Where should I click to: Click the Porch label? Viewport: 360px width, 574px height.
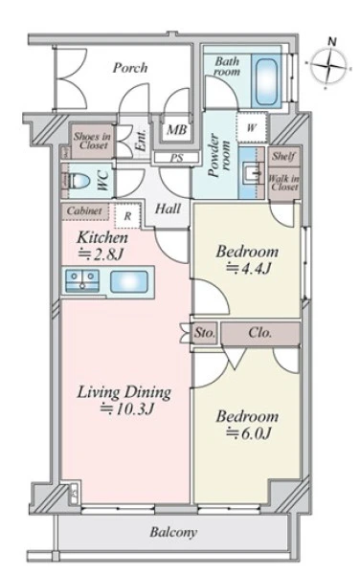tap(130, 67)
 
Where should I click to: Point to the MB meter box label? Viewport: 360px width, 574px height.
tap(177, 129)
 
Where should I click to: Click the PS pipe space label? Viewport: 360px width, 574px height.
tap(176, 159)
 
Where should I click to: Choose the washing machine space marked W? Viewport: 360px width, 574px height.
tap(251, 128)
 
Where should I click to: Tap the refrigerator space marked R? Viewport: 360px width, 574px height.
tap(127, 216)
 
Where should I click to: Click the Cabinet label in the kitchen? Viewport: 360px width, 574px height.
tap(84, 210)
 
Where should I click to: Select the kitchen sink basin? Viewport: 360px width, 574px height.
tap(129, 281)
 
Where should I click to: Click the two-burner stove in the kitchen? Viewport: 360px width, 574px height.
tap(82, 281)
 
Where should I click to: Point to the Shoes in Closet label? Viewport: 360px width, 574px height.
tap(92, 141)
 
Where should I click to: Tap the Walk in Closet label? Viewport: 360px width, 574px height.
tap(284, 183)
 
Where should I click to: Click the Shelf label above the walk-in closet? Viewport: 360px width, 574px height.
tap(283, 156)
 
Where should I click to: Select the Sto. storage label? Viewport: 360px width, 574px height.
tap(204, 333)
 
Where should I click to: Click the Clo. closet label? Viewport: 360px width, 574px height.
tap(260, 332)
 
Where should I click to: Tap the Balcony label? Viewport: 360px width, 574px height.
tap(173, 532)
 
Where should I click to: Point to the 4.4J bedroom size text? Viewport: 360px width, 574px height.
tap(249, 269)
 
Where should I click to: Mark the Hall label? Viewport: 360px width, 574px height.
tap(169, 209)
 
